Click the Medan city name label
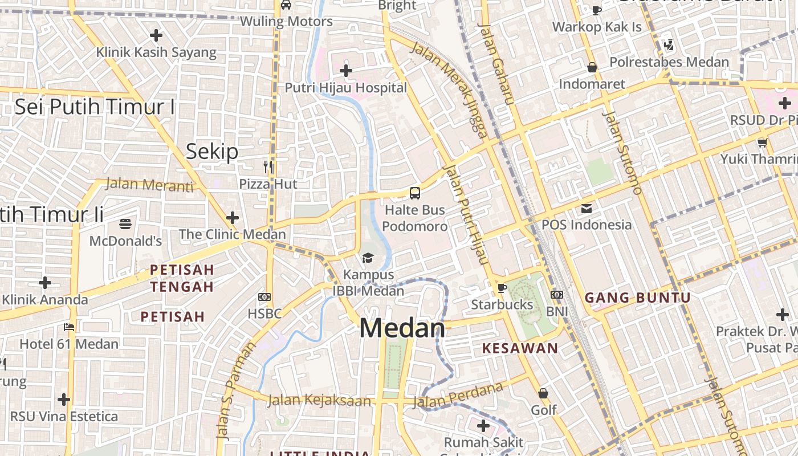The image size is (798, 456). tap(402, 328)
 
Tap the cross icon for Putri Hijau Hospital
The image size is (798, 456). tap(345, 71)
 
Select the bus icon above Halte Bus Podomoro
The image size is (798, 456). tap(415, 193)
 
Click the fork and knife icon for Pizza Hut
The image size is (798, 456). tap(268, 167)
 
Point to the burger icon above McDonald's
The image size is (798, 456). tap(125, 223)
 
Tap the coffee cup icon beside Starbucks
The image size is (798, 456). tap(502, 288)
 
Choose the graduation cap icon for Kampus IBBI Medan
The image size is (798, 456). tap(368, 258)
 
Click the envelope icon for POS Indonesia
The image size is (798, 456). tap(587, 208)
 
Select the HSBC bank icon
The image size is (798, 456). tap(264, 297)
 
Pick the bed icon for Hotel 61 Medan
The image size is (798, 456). tap(69, 327)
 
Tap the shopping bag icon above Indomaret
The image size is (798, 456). tap(592, 67)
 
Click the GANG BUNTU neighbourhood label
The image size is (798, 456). tap(638, 298)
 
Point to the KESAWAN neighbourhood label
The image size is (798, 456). tap(520, 348)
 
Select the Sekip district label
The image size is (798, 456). tap(212, 152)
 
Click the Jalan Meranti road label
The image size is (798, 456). tap(150, 185)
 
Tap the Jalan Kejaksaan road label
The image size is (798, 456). tap(319, 401)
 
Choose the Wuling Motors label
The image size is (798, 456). tap(286, 22)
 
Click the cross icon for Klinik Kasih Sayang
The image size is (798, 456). tap(156, 35)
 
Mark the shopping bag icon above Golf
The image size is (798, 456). tap(543, 393)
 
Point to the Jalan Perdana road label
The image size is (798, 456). tap(458, 396)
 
